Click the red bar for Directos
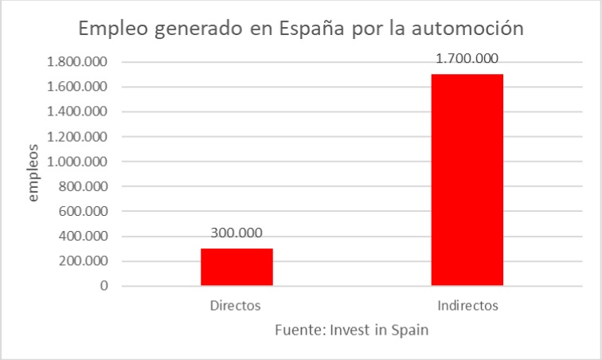point(236,266)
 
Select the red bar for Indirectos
point(467,179)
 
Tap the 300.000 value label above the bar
point(236,234)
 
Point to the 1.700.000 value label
point(467,58)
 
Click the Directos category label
point(236,305)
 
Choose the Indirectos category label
point(467,305)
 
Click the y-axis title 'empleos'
point(33,173)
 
